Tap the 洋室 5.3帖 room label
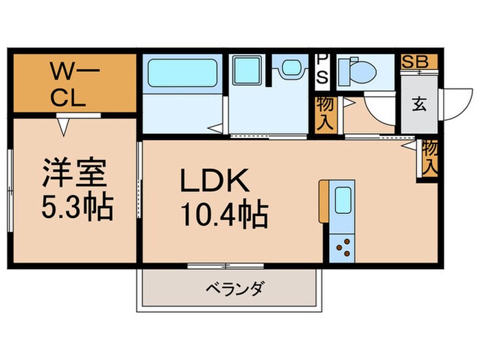(x=77, y=189)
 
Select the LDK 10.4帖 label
(x=224, y=197)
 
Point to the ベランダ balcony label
(x=235, y=288)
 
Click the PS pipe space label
(x=322, y=70)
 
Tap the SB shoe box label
(x=415, y=62)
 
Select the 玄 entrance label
(x=419, y=104)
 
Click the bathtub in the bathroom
(x=182, y=73)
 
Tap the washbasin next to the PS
(x=291, y=69)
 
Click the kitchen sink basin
(x=343, y=200)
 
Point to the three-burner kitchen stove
(x=343, y=248)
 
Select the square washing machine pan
(x=247, y=70)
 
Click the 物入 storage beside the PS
(x=325, y=114)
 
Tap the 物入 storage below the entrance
(x=430, y=158)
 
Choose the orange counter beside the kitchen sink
(x=324, y=202)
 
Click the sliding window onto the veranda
(x=226, y=266)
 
